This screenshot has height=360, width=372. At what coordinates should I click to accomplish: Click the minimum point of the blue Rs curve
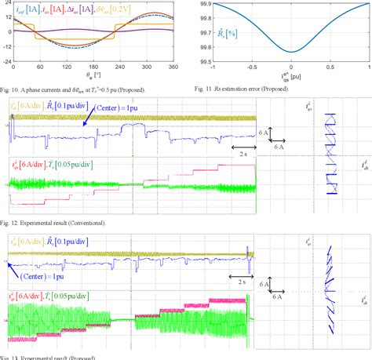tap(291, 52)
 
